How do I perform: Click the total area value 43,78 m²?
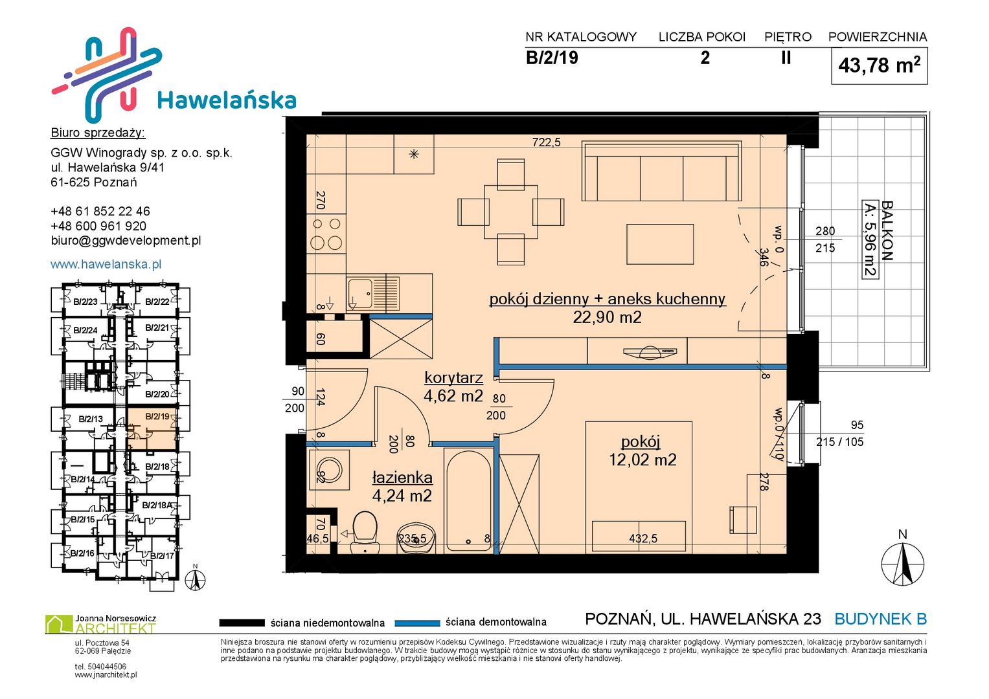[x=879, y=65]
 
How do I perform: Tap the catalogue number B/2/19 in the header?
[x=552, y=58]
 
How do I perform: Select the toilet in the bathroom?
[x=365, y=533]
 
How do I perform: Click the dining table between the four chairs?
[x=511, y=212]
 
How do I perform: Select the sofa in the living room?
[x=661, y=172]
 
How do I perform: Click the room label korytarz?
[x=453, y=378]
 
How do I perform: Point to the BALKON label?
[x=887, y=231]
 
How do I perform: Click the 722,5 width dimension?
[x=546, y=142]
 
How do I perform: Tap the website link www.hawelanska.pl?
[x=106, y=264]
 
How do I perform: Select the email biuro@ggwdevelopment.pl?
[x=126, y=241]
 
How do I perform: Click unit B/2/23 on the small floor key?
[x=85, y=302]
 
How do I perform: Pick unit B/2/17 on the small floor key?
[x=162, y=555]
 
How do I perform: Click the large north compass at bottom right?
[x=902, y=564]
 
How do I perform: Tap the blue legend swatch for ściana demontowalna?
[x=417, y=623]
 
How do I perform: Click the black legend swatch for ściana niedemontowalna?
[x=242, y=623]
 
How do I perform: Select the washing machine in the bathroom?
[x=330, y=470]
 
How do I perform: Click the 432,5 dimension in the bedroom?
[x=643, y=538]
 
